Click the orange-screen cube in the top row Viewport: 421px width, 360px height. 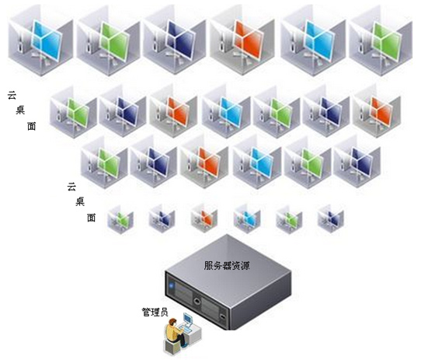(x=242, y=40)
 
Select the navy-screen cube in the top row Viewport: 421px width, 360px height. (x=175, y=40)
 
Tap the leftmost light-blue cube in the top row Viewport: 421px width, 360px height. (x=40, y=40)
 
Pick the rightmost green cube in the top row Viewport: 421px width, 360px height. (x=381, y=40)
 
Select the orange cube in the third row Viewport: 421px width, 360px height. (x=204, y=163)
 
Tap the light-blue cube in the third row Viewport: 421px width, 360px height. (x=256, y=163)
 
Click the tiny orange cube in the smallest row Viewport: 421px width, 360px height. (x=204, y=218)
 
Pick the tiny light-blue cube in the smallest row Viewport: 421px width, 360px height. (x=247, y=218)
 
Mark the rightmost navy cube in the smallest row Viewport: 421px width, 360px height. (x=330, y=218)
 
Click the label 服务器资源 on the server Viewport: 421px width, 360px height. (x=227, y=266)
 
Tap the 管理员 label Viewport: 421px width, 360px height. (x=155, y=312)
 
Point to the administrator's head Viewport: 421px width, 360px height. (x=172, y=322)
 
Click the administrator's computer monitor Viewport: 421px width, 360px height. (x=188, y=319)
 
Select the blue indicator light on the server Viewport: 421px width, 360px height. (x=172, y=285)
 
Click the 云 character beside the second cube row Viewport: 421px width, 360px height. (x=12, y=95)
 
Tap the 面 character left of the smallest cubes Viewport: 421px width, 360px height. (x=91, y=218)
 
